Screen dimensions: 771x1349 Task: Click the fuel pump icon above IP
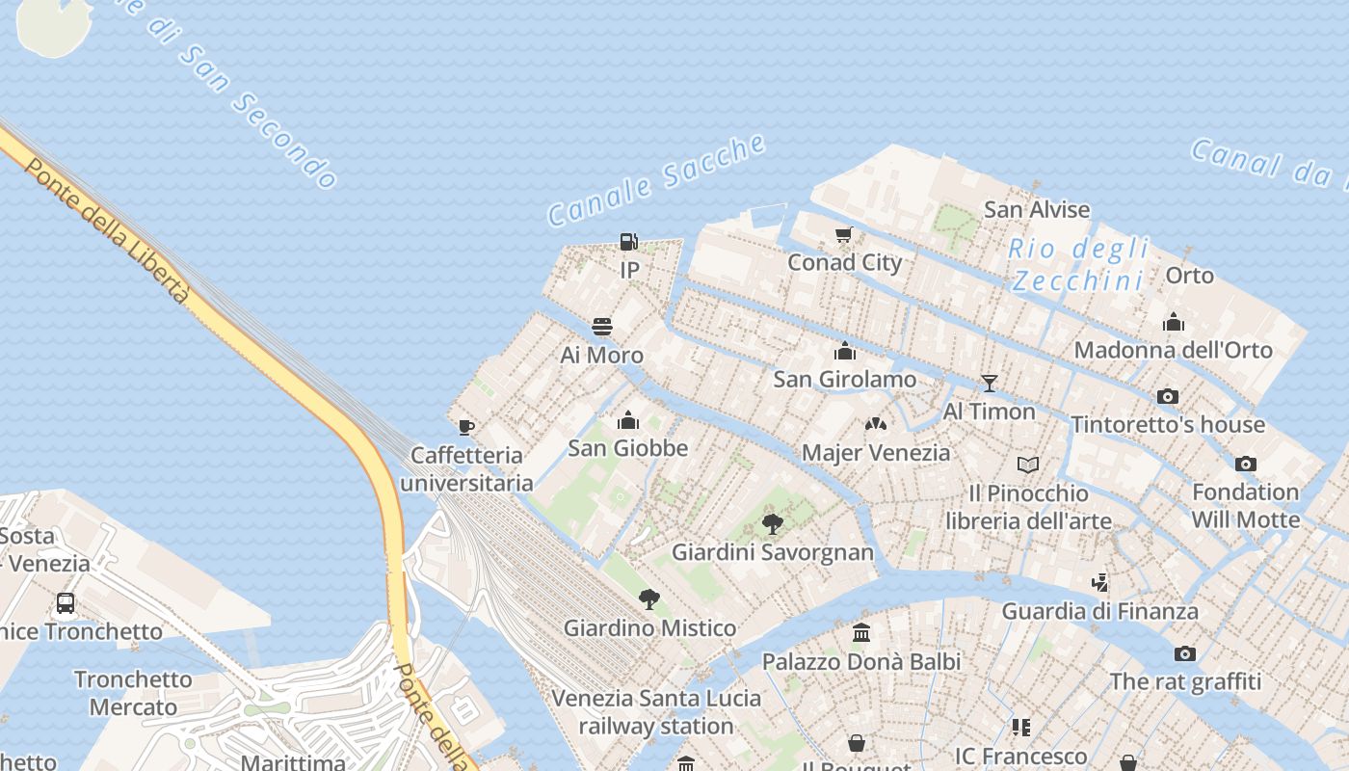(x=628, y=241)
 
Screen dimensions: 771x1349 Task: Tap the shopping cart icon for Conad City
(x=844, y=234)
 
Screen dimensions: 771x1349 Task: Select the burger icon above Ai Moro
(x=602, y=327)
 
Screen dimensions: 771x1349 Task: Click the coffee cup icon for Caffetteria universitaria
(x=466, y=427)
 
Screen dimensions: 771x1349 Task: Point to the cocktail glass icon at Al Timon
(x=989, y=384)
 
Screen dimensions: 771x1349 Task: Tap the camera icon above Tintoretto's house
(x=1168, y=396)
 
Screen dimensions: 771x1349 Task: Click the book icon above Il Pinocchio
(x=1028, y=465)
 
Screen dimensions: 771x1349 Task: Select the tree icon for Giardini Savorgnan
(x=772, y=524)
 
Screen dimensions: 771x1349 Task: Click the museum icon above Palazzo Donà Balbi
(x=861, y=633)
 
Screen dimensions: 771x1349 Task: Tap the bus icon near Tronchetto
(x=66, y=603)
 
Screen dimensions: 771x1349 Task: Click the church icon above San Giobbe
(x=628, y=420)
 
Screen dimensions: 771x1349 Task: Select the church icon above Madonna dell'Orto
(x=1173, y=322)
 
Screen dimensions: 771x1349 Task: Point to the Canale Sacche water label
(x=657, y=180)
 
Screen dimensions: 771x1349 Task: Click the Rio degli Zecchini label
(x=1079, y=265)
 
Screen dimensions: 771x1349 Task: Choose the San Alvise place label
(x=1037, y=209)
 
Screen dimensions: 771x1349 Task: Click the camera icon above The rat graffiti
(x=1185, y=653)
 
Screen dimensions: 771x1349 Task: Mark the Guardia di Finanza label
(x=1100, y=611)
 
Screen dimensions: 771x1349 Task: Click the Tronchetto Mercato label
(x=133, y=693)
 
